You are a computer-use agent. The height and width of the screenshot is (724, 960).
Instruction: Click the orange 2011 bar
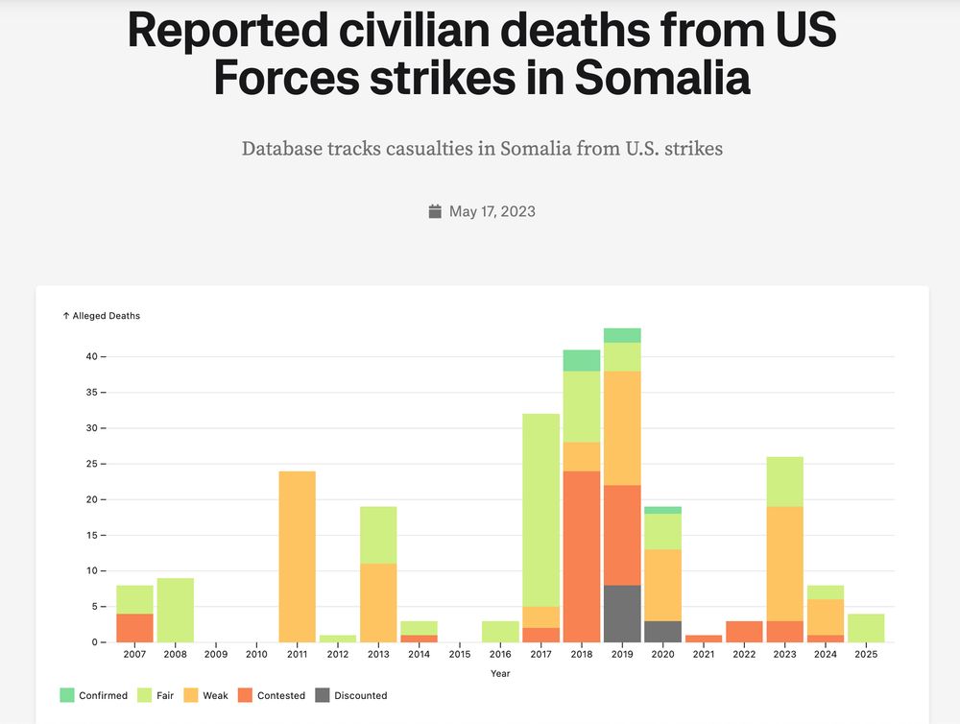(x=297, y=556)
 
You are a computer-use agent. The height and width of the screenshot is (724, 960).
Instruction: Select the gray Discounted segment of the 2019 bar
(x=622, y=614)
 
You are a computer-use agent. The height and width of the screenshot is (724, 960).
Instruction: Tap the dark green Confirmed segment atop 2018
(x=582, y=360)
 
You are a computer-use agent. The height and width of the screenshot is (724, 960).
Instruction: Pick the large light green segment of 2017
(x=541, y=510)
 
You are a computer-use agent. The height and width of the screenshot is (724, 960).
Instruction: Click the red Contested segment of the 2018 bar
(x=582, y=556)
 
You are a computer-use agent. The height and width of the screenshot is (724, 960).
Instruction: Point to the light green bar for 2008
(x=176, y=610)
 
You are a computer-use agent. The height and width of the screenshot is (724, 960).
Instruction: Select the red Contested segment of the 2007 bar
(x=135, y=628)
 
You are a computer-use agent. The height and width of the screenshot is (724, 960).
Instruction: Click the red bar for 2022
(x=744, y=632)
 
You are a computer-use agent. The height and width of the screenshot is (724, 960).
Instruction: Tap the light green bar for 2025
(x=866, y=628)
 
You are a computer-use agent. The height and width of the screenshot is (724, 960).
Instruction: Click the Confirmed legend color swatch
(x=66, y=695)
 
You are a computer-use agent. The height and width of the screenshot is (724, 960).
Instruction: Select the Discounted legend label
(x=361, y=695)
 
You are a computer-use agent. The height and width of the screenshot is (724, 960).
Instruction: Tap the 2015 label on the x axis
(x=460, y=655)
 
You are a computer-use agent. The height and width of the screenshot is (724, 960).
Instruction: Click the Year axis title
(x=500, y=673)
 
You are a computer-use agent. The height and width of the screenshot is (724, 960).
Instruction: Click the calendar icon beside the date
(x=435, y=211)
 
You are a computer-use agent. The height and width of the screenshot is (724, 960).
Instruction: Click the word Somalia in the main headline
(x=661, y=78)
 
